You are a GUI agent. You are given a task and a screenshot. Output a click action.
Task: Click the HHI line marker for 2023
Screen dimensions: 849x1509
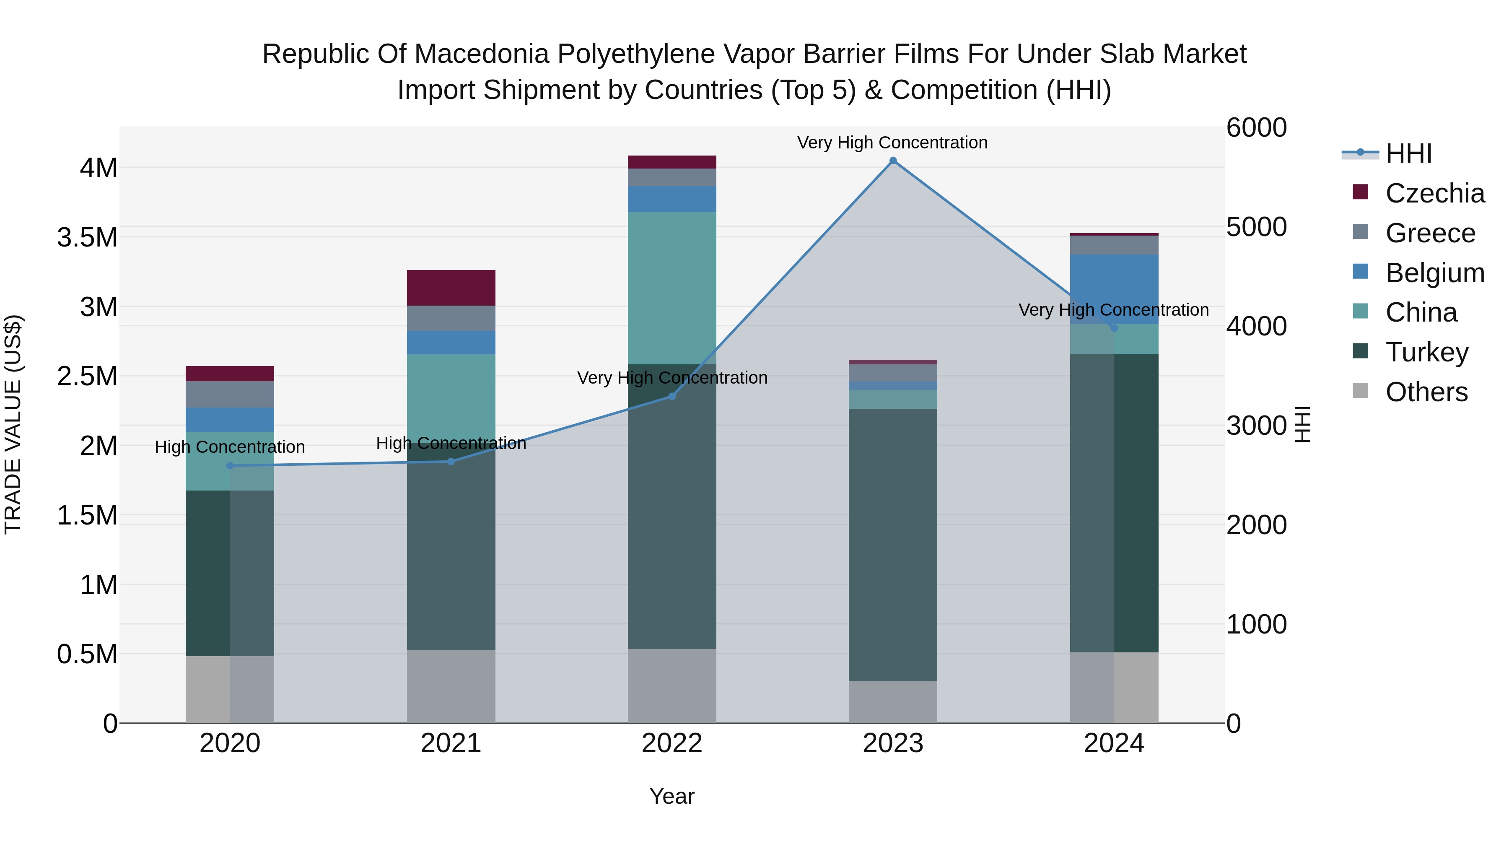(x=893, y=161)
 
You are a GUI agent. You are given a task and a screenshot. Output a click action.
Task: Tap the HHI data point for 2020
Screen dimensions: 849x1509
(x=230, y=466)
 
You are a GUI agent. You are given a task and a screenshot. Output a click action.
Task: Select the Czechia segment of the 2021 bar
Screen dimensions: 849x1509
(x=451, y=288)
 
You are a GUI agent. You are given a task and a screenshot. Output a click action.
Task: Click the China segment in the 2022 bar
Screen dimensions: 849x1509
(x=672, y=288)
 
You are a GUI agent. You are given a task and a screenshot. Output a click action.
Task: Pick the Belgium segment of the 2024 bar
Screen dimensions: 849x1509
(x=1114, y=289)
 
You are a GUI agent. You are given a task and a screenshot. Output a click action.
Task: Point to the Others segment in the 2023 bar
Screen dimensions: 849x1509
(x=893, y=701)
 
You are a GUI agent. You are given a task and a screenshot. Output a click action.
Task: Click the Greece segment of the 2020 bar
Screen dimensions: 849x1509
(x=230, y=395)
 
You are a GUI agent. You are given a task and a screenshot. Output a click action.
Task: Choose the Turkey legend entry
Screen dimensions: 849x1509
(x=1426, y=352)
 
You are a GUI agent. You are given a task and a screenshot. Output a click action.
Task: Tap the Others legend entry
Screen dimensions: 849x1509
(x=1426, y=392)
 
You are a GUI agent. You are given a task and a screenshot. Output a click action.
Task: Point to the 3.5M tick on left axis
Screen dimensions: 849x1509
(x=87, y=237)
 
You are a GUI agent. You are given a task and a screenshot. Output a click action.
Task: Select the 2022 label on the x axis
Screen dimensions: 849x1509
(x=672, y=743)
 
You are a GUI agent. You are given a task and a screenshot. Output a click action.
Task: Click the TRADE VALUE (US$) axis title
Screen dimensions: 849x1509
(x=13, y=424)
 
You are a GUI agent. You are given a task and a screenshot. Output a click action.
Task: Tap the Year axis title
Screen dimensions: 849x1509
(x=672, y=796)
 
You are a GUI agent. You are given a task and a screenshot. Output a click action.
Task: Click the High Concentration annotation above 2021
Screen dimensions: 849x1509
(x=451, y=443)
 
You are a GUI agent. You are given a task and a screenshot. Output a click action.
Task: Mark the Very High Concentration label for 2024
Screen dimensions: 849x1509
(x=1114, y=309)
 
